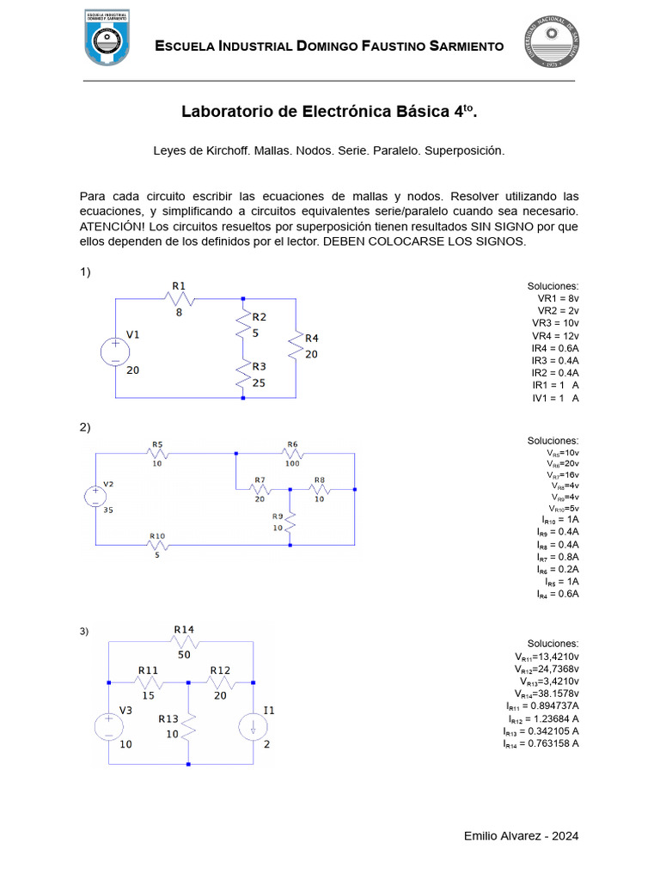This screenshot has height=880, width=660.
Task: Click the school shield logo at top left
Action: tap(107, 38)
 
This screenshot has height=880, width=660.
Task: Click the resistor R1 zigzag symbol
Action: tap(180, 298)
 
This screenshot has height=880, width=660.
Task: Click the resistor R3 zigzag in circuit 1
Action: tap(243, 376)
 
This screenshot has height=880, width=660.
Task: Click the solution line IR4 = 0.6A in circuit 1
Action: tap(554, 348)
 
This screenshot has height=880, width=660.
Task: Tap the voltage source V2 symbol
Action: tap(95, 497)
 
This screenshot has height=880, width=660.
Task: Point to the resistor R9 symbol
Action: tap(290, 520)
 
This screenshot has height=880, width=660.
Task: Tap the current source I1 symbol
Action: tap(254, 726)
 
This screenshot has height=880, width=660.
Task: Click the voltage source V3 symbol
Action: tap(109, 726)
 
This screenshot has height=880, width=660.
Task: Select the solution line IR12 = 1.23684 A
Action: tap(542, 718)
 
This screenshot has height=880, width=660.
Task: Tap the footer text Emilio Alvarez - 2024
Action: tap(521, 835)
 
